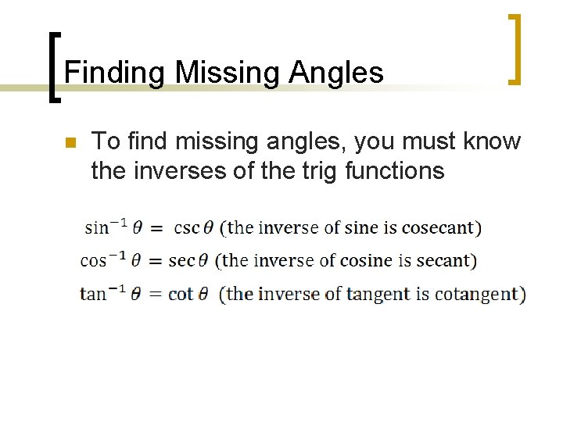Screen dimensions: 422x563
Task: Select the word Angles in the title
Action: [336, 73]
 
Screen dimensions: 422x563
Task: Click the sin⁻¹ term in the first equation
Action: [107, 227]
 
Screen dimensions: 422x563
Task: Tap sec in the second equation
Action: [181, 260]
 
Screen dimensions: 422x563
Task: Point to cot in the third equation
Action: [181, 294]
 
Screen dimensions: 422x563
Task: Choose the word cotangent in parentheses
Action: [479, 294]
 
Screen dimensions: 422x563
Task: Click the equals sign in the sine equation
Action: [156, 227]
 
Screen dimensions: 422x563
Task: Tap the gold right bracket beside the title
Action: [513, 48]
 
